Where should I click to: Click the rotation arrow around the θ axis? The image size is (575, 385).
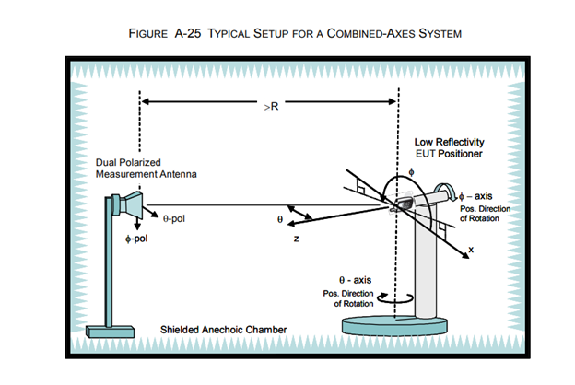tap(399, 298)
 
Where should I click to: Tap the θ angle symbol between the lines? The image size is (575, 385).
tap(281, 221)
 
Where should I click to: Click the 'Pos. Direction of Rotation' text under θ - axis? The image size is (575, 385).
tap(355, 297)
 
